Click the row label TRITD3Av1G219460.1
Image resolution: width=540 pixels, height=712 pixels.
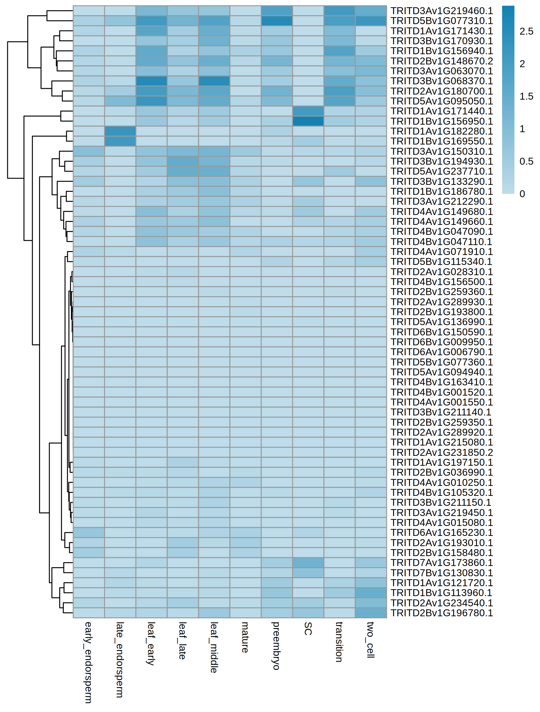click(x=441, y=11)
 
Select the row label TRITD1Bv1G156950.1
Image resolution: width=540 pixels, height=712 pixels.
click(x=441, y=121)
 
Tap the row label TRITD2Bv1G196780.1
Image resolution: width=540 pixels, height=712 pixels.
click(x=441, y=613)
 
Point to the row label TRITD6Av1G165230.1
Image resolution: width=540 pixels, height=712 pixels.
click(x=441, y=532)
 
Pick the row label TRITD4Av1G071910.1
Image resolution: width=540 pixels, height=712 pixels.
click(x=441, y=252)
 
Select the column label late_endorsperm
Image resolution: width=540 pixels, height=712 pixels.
click(x=120, y=660)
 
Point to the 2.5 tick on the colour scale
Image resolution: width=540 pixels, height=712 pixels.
click(x=526, y=32)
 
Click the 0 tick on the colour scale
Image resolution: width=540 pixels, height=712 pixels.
click(x=522, y=194)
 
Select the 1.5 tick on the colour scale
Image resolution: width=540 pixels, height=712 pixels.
click(x=526, y=97)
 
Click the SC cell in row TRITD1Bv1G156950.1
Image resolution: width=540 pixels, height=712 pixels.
click(x=308, y=121)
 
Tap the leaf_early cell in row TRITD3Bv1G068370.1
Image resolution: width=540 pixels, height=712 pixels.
click(x=151, y=81)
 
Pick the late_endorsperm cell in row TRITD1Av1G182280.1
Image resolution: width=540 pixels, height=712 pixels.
click(x=120, y=131)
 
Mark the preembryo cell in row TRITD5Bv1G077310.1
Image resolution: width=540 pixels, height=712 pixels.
click(x=276, y=21)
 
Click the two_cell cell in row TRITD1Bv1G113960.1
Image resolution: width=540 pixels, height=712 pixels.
click(x=371, y=592)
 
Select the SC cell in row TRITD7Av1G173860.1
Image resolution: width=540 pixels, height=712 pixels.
click(x=308, y=563)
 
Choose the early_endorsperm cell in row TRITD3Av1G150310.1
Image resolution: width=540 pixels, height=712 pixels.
click(x=88, y=151)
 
